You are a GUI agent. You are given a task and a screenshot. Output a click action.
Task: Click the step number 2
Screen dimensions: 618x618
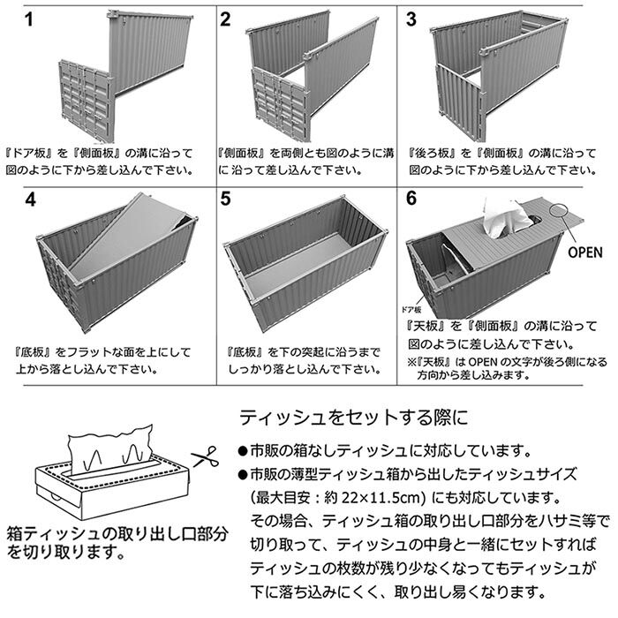[225, 19]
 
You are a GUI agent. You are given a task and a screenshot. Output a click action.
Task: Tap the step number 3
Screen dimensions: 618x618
[414, 19]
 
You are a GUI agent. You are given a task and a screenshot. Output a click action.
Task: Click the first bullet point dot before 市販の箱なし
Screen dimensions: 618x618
[243, 448]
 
